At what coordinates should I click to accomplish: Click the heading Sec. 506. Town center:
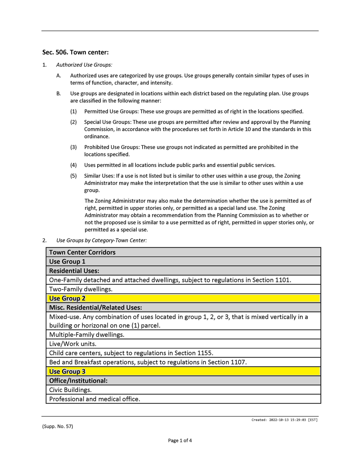[75, 52]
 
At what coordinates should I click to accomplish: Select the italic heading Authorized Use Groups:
[84, 65]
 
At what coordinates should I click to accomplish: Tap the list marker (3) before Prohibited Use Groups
[73, 147]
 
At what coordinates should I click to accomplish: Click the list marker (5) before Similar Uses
[73, 176]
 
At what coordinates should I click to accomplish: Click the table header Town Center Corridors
[82, 252]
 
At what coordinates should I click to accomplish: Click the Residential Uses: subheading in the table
[74, 271]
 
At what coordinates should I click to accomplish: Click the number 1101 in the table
[283, 280]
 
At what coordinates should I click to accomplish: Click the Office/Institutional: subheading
[78, 381]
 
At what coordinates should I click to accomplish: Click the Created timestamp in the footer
[285, 420]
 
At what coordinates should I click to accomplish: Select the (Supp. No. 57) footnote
[57, 426]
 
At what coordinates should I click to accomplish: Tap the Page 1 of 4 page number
[180, 440]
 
